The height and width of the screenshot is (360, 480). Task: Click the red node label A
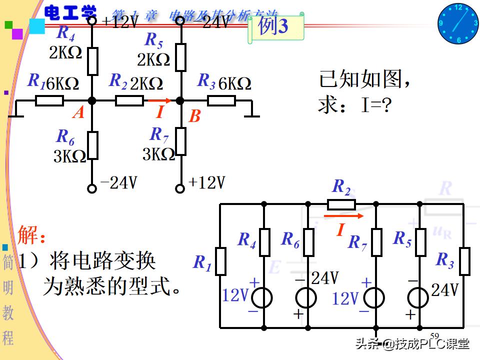(x=78, y=113)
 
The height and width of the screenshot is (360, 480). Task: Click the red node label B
(x=194, y=117)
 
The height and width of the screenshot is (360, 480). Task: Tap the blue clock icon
(x=458, y=23)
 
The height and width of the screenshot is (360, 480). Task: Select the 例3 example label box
(x=275, y=26)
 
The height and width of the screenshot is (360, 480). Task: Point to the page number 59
(x=434, y=335)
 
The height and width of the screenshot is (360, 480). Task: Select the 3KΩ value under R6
(x=69, y=156)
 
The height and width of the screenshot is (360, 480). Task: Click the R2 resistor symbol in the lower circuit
(x=341, y=204)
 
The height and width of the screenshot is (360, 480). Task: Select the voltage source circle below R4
(x=262, y=298)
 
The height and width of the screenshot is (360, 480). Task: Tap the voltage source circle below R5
(x=417, y=298)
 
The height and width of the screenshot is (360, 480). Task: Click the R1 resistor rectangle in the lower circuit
(x=220, y=261)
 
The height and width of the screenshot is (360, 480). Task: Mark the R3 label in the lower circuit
(x=444, y=260)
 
